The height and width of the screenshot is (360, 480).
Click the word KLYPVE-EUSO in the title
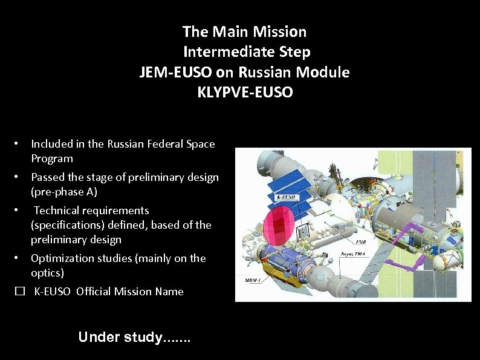coord(245,93)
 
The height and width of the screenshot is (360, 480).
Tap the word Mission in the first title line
coord(281,31)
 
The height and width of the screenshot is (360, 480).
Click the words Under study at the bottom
coord(120,337)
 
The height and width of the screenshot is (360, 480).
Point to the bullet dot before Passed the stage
coord(19,177)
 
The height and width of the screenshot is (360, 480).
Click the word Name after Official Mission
coord(169,292)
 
